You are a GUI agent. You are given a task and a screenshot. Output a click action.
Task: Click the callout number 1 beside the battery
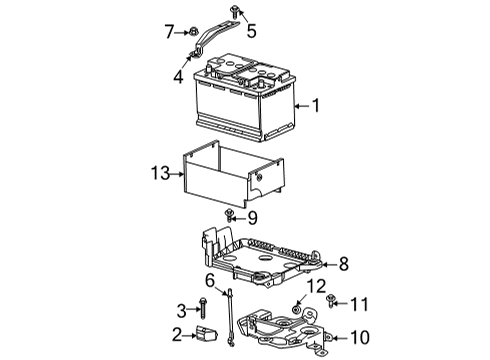(317, 106)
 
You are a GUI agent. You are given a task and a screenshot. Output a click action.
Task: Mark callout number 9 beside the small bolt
(252, 216)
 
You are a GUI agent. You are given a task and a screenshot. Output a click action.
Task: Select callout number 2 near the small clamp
(177, 334)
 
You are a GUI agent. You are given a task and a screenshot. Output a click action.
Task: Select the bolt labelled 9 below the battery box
(231, 215)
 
